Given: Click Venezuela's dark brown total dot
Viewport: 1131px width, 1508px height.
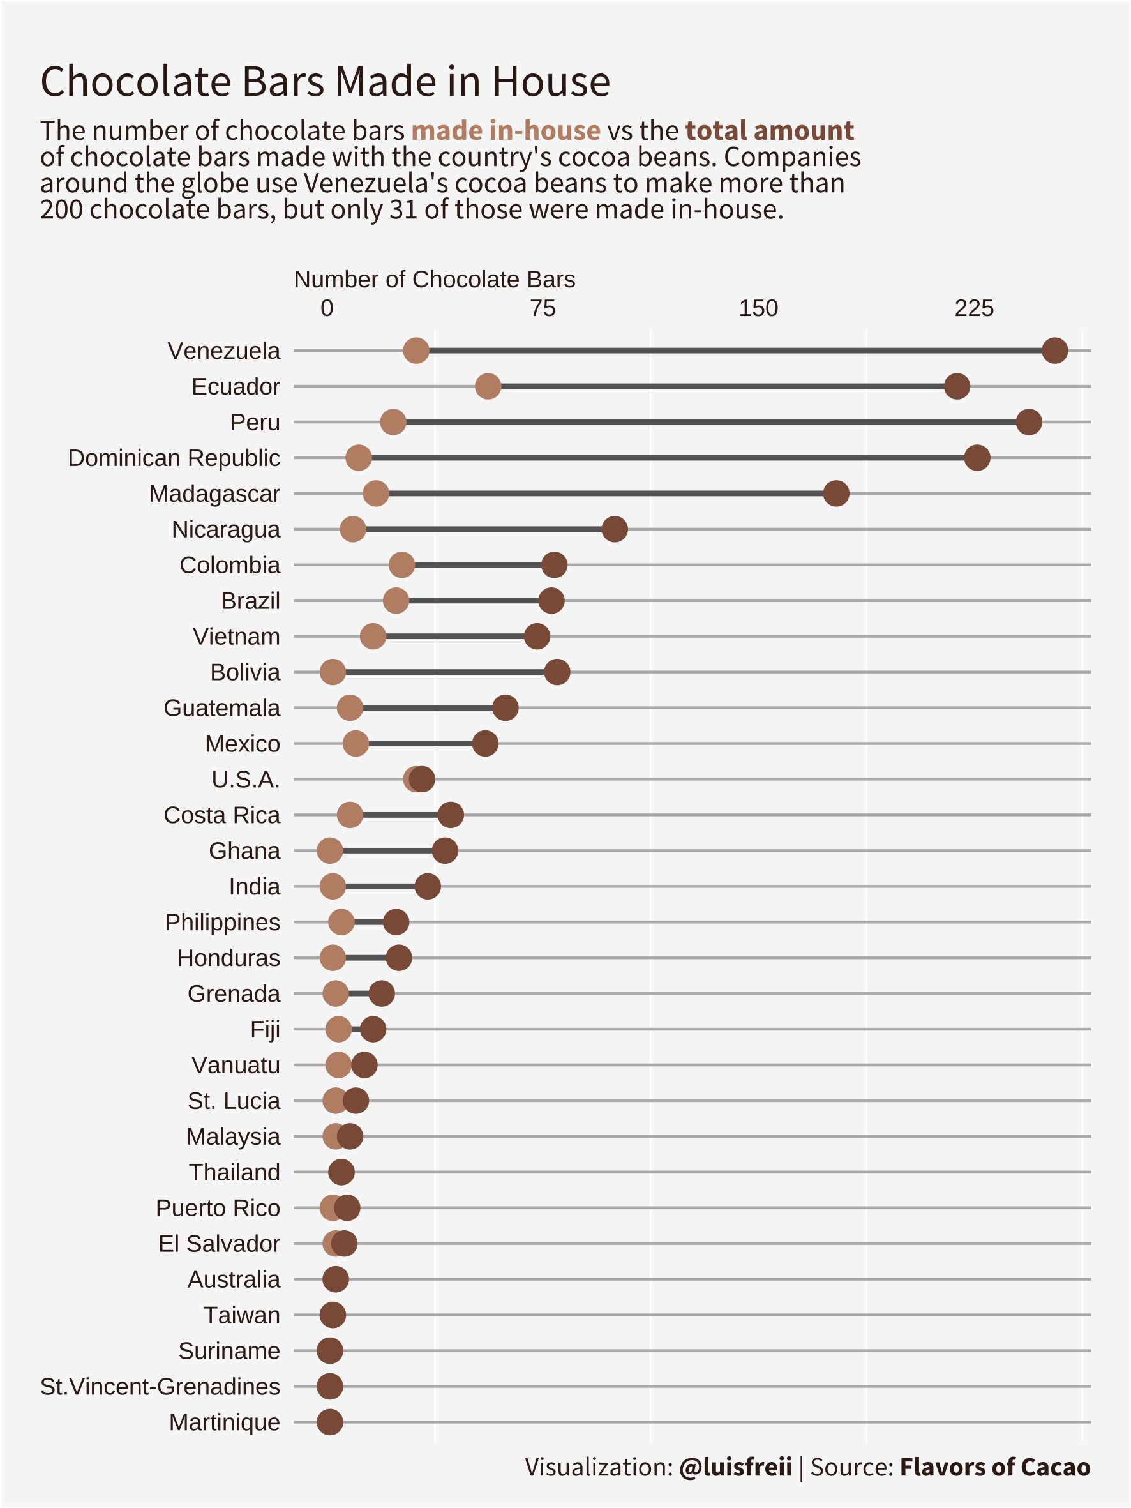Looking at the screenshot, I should tap(1054, 351).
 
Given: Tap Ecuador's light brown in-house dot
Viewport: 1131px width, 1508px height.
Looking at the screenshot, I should tap(488, 386).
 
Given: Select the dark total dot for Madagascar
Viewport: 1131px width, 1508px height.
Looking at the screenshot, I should tap(836, 494).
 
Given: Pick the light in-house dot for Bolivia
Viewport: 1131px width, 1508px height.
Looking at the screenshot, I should tap(333, 672).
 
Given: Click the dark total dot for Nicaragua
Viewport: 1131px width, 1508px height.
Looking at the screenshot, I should tap(615, 529).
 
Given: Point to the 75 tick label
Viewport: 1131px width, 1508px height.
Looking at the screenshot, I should tap(543, 309).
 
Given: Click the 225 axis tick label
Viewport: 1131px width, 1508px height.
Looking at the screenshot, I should tap(973, 309).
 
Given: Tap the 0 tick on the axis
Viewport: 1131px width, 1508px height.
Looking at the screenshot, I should tap(327, 309).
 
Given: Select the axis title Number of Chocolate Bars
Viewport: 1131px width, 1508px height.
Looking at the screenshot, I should tap(434, 280).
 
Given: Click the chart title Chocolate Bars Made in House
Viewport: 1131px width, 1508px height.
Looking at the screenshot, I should tap(325, 82).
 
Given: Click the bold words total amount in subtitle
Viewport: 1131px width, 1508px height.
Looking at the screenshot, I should tap(769, 130).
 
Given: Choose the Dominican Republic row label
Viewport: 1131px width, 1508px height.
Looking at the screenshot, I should tap(174, 458).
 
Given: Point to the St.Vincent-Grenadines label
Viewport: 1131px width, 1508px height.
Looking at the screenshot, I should tap(160, 1387).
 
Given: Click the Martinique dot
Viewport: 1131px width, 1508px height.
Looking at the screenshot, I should tap(330, 1422).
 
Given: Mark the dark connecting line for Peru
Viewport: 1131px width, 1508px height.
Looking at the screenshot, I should tap(709, 422).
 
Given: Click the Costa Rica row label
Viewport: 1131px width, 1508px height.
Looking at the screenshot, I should tap(221, 815).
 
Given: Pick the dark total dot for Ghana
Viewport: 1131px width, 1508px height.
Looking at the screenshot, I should tap(445, 851).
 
